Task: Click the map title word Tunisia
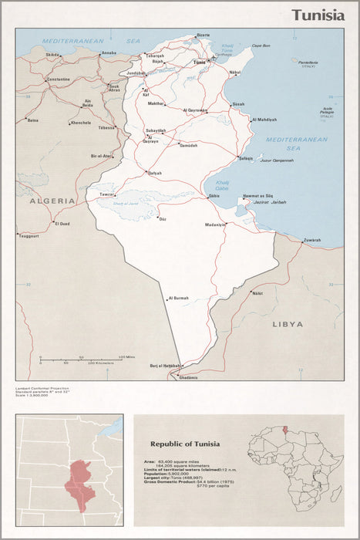pyautogui.click(x=318, y=16)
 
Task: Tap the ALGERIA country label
pyautogui.click(x=52, y=201)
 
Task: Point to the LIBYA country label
pyautogui.click(x=288, y=324)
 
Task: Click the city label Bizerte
pyautogui.click(x=203, y=35)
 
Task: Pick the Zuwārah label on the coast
pyautogui.click(x=312, y=240)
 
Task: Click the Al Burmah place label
pyautogui.click(x=178, y=298)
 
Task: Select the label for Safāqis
pyautogui.click(x=246, y=158)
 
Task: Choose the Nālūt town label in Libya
pyautogui.click(x=257, y=293)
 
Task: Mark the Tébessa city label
pyautogui.click(x=106, y=127)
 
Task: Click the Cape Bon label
pyautogui.click(x=260, y=46)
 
